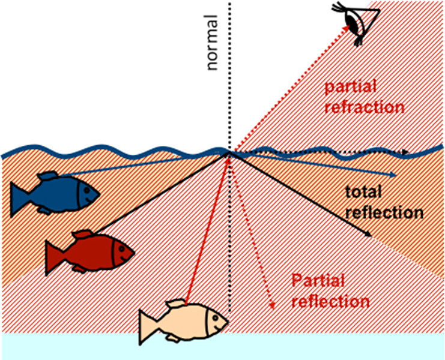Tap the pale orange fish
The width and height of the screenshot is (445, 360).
pos(183,323)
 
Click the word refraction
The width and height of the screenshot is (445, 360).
pos(363,108)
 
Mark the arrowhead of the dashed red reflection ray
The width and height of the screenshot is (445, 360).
pos(273,307)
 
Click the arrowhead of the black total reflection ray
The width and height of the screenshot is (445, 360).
pos(368,235)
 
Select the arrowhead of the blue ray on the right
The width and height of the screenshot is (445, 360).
pos(394,174)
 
